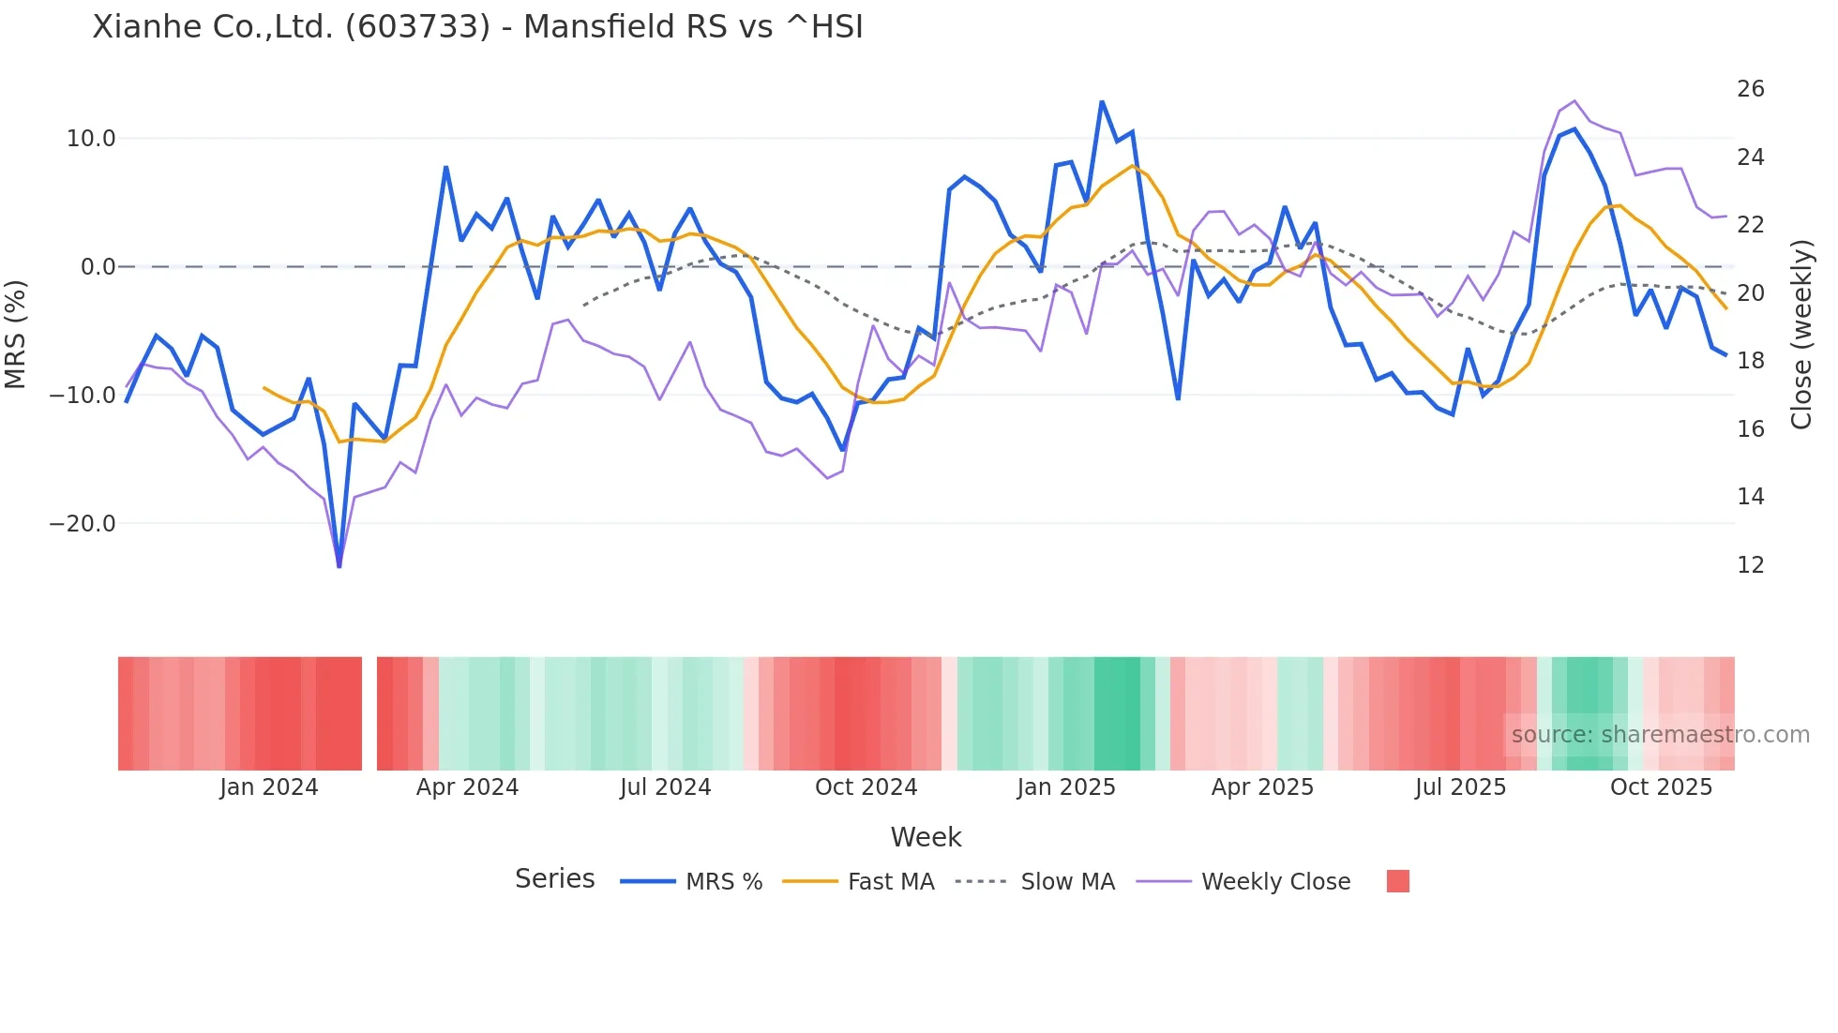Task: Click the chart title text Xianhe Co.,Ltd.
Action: pos(476,27)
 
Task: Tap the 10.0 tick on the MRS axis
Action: pos(90,139)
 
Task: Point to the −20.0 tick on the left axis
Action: pos(83,524)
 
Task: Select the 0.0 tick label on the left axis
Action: pos(98,267)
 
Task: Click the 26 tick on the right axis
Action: pos(1750,89)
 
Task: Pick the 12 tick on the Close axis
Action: pos(1750,565)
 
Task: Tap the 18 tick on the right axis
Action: pos(1750,361)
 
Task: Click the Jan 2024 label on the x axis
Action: pos(268,787)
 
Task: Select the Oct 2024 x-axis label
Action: pos(866,787)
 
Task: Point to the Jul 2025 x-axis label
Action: pos(1460,787)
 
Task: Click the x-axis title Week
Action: pos(926,837)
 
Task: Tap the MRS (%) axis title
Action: pos(16,334)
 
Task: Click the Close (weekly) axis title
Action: pos(1800,335)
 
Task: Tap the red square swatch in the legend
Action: pos(1397,881)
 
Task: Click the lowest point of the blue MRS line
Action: pos(339,566)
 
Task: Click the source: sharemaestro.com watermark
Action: pos(1660,735)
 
